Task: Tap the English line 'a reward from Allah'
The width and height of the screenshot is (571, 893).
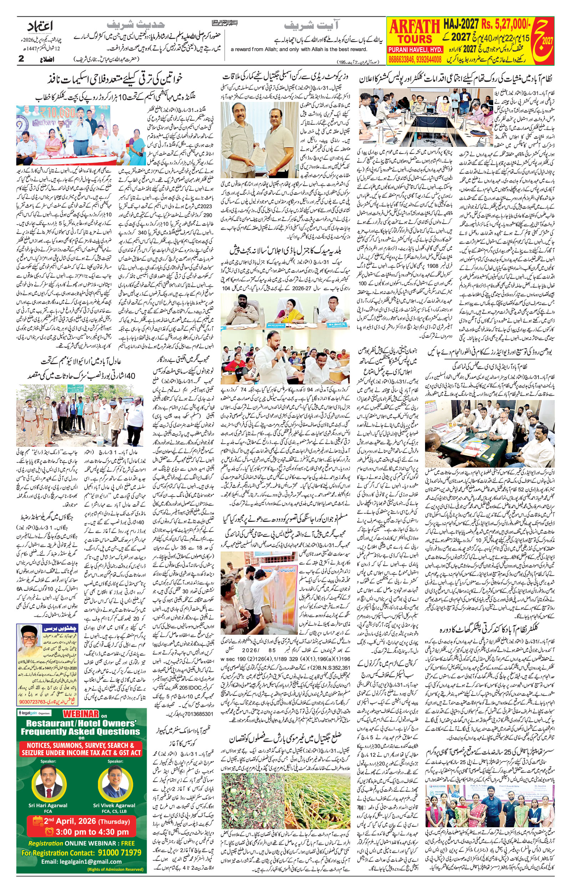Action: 298,49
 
